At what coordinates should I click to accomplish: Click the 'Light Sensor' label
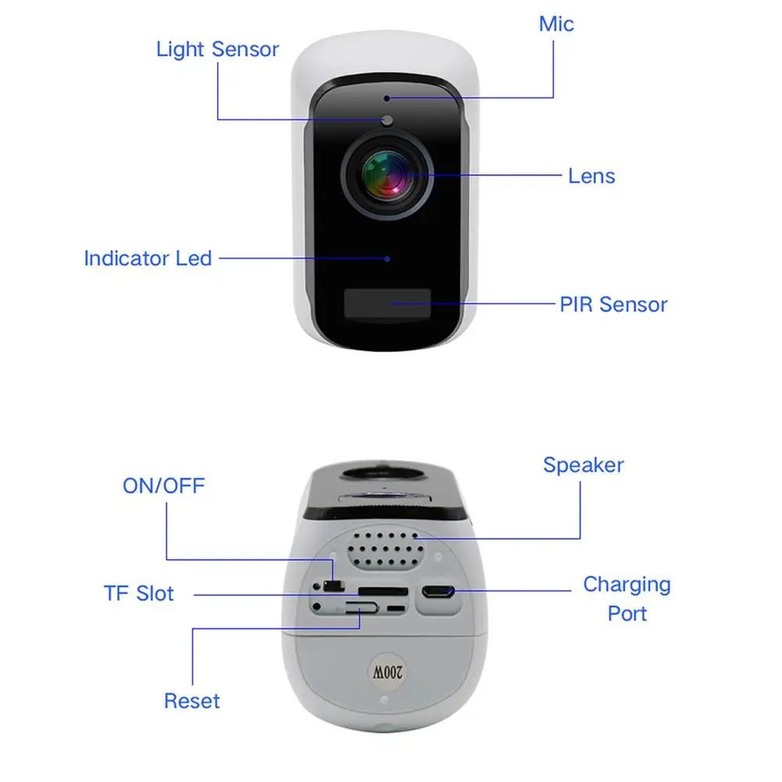[217, 49]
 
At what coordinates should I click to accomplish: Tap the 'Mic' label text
[556, 24]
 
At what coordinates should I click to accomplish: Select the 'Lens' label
[591, 176]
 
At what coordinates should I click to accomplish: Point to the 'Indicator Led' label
[148, 258]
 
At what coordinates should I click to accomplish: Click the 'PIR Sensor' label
[613, 304]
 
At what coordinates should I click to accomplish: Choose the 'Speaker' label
[584, 465]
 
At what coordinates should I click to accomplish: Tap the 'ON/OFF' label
[163, 486]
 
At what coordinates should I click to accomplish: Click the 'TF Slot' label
[139, 594]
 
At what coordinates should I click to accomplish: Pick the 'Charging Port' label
[627, 598]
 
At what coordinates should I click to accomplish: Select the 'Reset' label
[191, 701]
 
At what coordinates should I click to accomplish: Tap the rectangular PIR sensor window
[387, 303]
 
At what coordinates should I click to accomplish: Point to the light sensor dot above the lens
[387, 120]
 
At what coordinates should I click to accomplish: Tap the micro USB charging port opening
[437, 591]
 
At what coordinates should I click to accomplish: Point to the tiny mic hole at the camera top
[387, 98]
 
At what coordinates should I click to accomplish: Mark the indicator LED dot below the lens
[387, 257]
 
